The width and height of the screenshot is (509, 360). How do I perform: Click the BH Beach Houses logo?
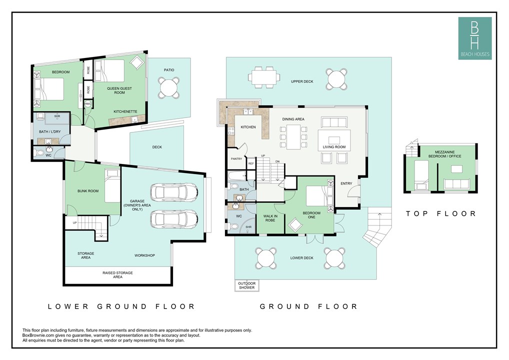tap(475, 38)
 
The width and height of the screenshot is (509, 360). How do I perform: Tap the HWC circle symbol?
tap(87, 104)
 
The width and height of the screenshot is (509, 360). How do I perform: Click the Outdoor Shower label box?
tap(246, 285)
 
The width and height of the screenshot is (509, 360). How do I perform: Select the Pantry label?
tap(236, 158)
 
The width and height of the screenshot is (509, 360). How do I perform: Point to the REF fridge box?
tap(251, 163)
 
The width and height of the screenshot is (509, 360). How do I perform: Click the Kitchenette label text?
tap(125, 111)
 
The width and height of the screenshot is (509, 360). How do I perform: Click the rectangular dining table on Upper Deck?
tap(264, 77)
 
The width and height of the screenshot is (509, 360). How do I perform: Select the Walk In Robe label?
tap(270, 218)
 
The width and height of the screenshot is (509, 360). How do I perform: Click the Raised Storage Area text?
tap(117, 274)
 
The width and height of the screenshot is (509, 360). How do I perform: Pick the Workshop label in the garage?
tap(145, 255)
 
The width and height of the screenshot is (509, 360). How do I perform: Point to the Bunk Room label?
tap(88, 191)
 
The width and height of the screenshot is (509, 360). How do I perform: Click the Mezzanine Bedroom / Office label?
tap(444, 154)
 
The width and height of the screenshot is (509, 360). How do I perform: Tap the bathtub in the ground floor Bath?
tap(236, 175)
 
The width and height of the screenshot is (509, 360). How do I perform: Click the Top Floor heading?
tap(441, 213)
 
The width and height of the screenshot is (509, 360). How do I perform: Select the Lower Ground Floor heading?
tap(121, 306)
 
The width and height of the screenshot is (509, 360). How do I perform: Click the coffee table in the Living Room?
tap(334, 140)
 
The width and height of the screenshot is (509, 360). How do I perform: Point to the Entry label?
tap(346, 183)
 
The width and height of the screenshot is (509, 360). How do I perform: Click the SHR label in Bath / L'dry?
tap(57, 116)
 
